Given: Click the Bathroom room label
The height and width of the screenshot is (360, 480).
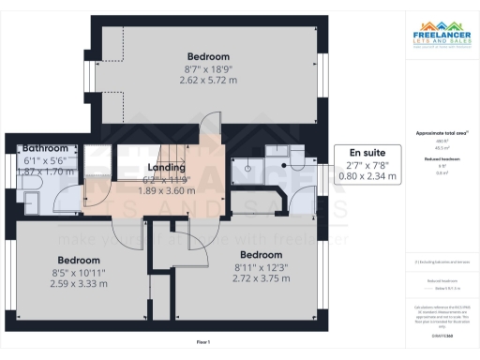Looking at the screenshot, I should pyautogui.click(x=46, y=149).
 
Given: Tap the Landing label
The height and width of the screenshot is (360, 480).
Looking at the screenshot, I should pyautogui.click(x=166, y=167).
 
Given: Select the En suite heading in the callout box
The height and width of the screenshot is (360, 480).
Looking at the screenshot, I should pyautogui.click(x=368, y=152).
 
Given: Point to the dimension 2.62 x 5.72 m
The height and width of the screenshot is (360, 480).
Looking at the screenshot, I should pyautogui.click(x=207, y=81).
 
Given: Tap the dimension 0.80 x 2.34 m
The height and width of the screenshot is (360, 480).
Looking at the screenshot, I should pyautogui.click(x=368, y=174).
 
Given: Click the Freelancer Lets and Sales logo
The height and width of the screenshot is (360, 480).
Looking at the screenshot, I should pyautogui.click(x=442, y=42).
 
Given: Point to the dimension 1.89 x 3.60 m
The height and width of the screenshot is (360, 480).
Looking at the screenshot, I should pyautogui.click(x=166, y=188).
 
